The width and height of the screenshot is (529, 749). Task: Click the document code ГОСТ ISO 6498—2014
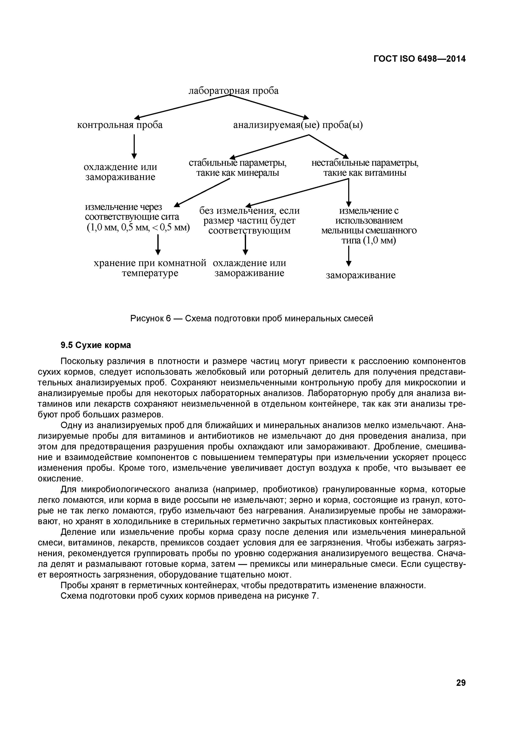419,59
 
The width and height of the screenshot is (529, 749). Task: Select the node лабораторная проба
234,91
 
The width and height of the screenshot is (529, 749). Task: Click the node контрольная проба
120,125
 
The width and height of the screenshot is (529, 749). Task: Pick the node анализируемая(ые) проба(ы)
298,125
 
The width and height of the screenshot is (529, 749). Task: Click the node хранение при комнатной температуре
150,268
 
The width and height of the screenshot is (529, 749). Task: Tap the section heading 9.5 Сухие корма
95,345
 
